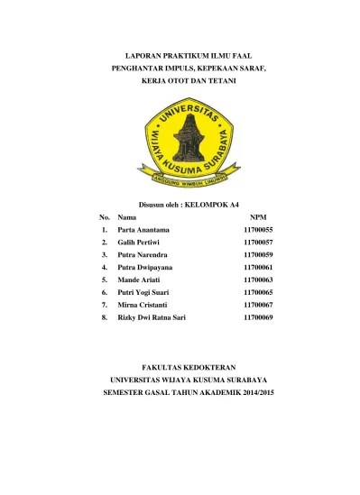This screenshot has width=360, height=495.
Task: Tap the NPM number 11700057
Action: [x=258, y=243]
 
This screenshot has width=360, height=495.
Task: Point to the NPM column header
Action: [x=258, y=218]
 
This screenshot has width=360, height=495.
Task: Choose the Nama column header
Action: [x=127, y=218]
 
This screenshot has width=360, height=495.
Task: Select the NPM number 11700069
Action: [x=258, y=318]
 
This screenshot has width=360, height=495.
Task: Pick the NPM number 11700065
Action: [x=258, y=293]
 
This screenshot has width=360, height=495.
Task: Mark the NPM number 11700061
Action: [x=258, y=268]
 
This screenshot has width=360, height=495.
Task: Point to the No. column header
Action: [x=105, y=218]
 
